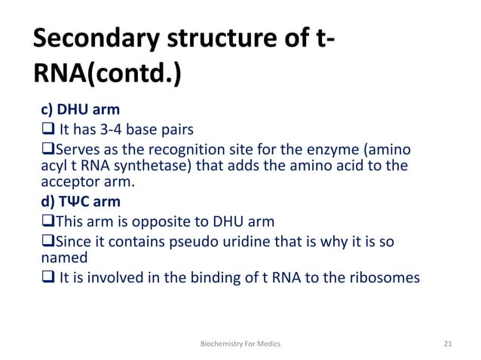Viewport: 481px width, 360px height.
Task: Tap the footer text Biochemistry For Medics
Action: pyautogui.click(x=240, y=343)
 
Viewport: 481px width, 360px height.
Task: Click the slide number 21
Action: pyautogui.click(x=448, y=343)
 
